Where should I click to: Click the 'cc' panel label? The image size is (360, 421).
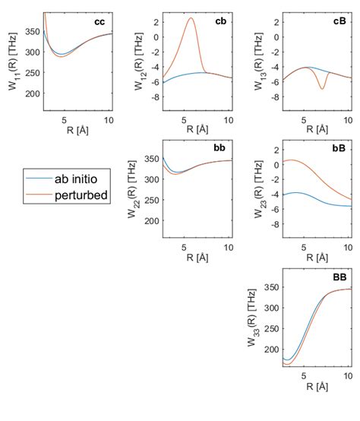coord(99,21)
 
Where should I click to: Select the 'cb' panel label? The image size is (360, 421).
coord(220,21)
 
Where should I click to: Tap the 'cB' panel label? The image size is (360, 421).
coord(340,21)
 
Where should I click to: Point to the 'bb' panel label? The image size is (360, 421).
coord(220,144)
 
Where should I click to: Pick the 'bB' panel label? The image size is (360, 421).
coord(340,144)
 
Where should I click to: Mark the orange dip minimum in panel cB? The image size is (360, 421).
coord(322,89)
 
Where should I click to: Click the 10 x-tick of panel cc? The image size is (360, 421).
coord(109,120)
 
